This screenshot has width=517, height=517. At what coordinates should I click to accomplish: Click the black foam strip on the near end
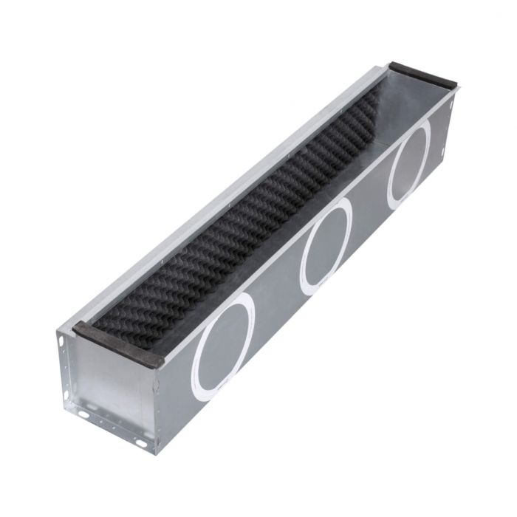point(118,343)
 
